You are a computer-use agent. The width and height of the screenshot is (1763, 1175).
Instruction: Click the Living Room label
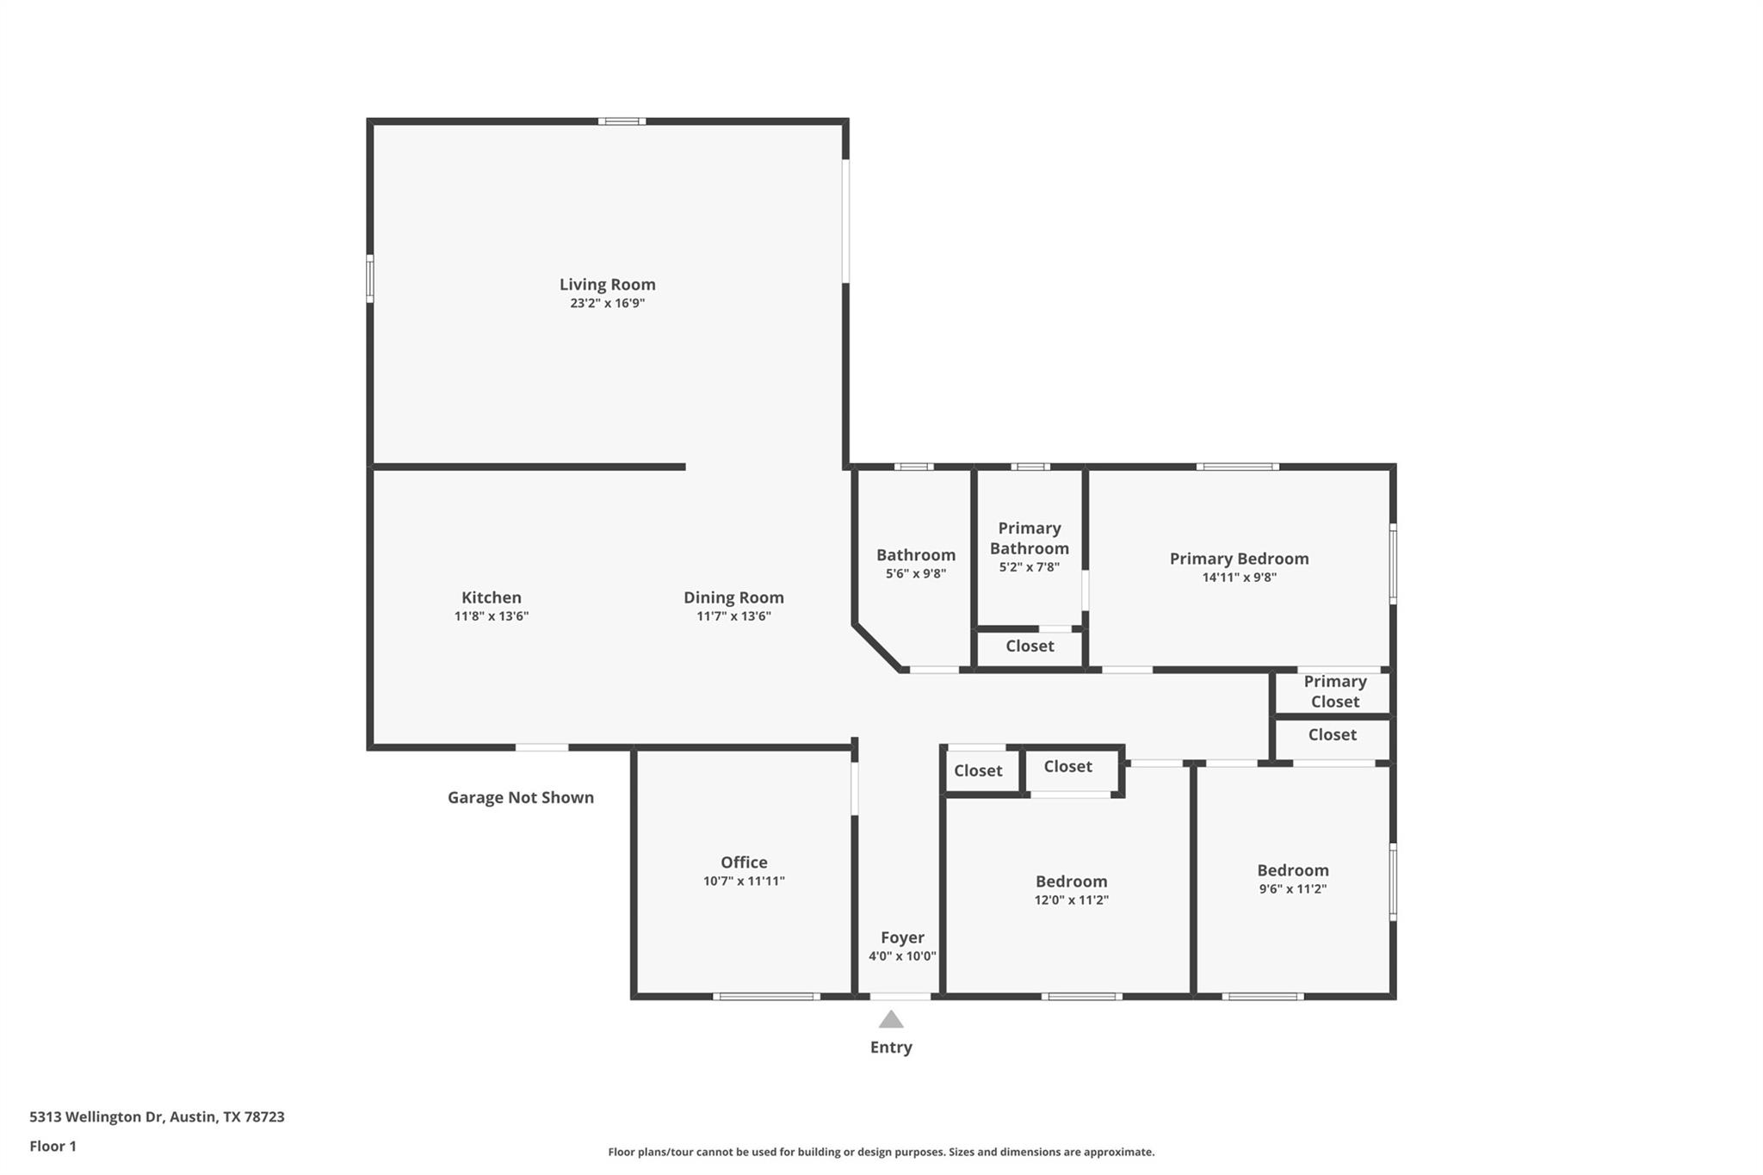(607, 284)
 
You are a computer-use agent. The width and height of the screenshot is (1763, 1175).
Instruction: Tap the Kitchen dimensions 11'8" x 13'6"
(491, 616)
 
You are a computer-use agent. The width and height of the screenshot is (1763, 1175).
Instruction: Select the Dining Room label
(733, 597)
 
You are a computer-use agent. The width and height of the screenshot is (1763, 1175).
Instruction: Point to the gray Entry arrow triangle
(891, 1020)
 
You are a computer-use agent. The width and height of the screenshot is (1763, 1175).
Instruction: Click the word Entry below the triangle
(891, 1048)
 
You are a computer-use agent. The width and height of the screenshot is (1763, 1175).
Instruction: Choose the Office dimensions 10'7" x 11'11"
(744, 881)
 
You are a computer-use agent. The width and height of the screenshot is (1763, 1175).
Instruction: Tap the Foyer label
(902, 937)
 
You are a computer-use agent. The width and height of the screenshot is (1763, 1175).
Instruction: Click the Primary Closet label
(1334, 692)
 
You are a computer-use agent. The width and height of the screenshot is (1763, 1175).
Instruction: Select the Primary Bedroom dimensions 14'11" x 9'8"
(1239, 578)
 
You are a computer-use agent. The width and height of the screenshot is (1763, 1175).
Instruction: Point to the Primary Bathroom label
(1029, 538)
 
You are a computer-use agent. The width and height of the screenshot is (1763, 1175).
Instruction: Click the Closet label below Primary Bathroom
(1030, 646)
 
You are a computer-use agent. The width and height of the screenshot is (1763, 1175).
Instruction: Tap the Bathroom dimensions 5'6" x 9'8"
(916, 573)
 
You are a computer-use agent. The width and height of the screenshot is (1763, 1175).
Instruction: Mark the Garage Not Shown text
(520, 798)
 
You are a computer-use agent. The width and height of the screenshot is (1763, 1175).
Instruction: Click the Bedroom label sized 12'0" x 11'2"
(1071, 881)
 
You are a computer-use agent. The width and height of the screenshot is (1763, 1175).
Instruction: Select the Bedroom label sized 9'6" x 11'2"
(1292, 870)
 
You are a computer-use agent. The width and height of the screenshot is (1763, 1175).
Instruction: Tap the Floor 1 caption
(53, 1147)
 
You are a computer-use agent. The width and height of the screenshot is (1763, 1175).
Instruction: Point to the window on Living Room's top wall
(622, 121)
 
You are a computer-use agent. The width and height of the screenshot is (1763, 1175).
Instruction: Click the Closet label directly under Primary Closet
(1332, 735)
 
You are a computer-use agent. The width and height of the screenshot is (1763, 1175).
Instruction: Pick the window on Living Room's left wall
(370, 278)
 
